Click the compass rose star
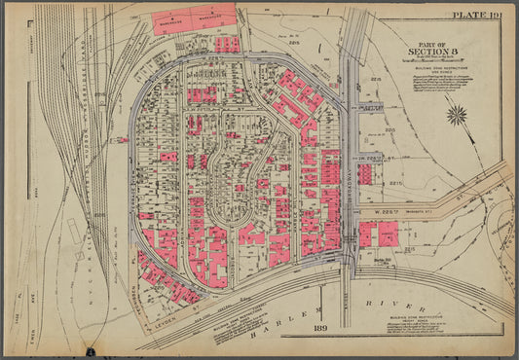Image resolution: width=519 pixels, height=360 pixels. (x=455, y=115)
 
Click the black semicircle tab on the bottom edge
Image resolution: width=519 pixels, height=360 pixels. (x=90, y=349)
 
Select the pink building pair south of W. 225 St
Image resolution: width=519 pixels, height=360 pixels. (x=379, y=234)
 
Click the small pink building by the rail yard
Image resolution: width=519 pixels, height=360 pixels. (x=123, y=139)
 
